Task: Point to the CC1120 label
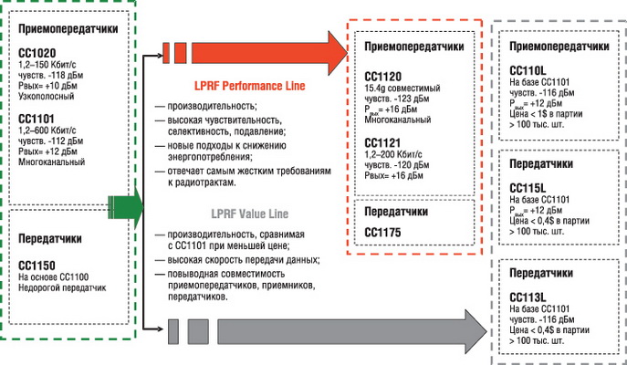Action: coord(383,78)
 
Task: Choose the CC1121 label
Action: coord(383,143)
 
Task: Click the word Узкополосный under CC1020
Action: coord(49,97)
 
